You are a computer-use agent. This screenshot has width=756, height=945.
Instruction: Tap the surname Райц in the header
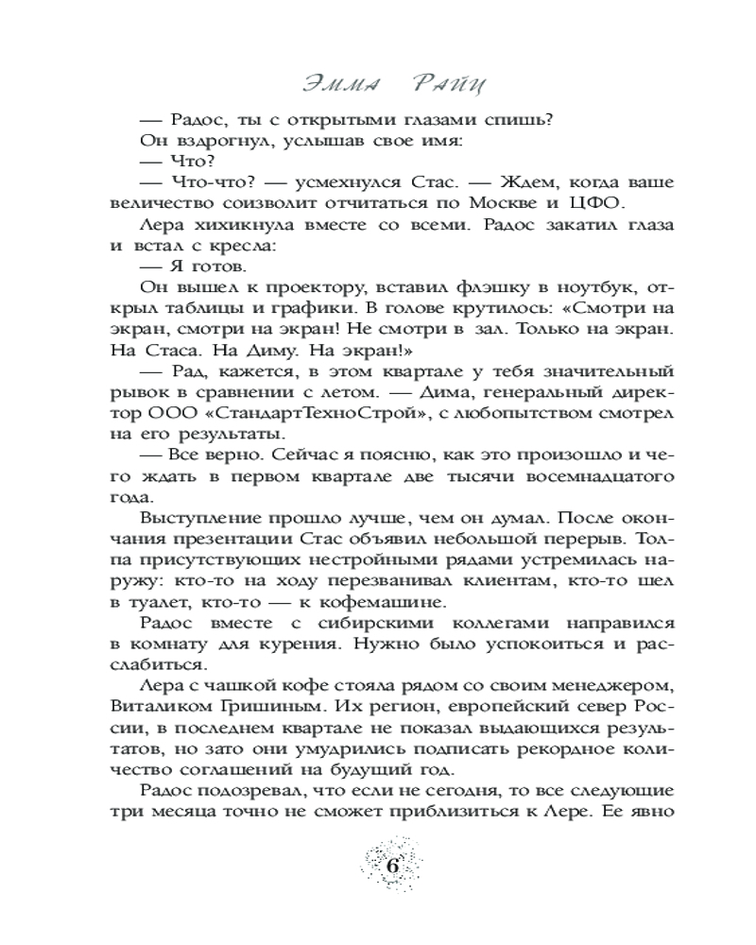click(448, 86)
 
